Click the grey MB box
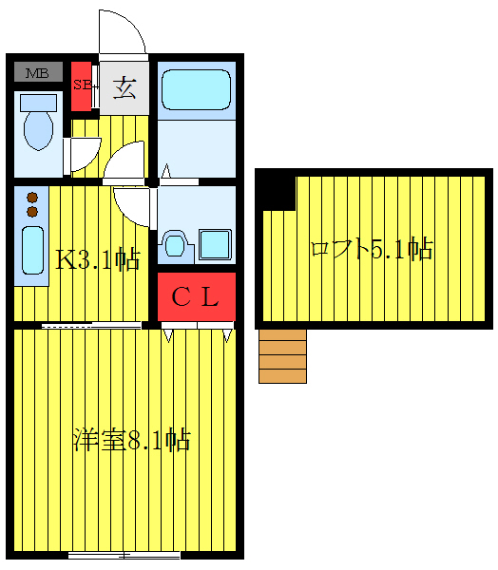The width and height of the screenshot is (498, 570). (x=38, y=72)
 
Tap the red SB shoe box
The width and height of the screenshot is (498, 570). (x=81, y=85)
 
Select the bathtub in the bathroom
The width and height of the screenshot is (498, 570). (x=196, y=91)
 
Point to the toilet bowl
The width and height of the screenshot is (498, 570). (x=38, y=130)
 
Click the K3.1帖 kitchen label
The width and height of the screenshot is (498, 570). (x=97, y=259)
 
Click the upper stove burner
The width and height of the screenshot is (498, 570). (x=31, y=197)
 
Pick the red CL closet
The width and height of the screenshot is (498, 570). (x=196, y=297)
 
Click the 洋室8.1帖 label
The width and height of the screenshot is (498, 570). (x=131, y=441)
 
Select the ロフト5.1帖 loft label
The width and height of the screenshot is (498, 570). (x=372, y=250)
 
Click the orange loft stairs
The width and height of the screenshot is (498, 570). (x=282, y=356)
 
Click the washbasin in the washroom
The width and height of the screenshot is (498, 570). (x=176, y=244)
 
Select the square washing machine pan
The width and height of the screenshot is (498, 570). (x=215, y=245)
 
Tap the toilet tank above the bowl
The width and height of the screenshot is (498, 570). (x=38, y=102)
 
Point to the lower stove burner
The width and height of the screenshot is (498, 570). (x=31, y=210)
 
